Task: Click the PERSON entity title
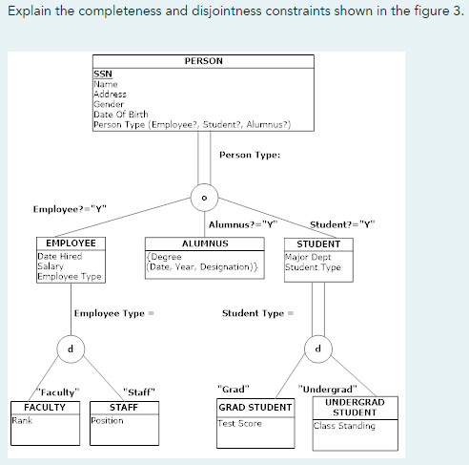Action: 203,61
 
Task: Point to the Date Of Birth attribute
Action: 117,115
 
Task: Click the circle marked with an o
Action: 204,197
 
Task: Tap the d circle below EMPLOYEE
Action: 69,348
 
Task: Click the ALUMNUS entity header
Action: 204,243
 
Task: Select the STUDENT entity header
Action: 318,243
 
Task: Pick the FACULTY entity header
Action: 45,407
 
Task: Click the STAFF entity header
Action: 124,407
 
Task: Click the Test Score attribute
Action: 240,423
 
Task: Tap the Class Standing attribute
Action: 344,426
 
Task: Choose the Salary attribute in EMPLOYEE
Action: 50,266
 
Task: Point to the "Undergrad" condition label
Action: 328,389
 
